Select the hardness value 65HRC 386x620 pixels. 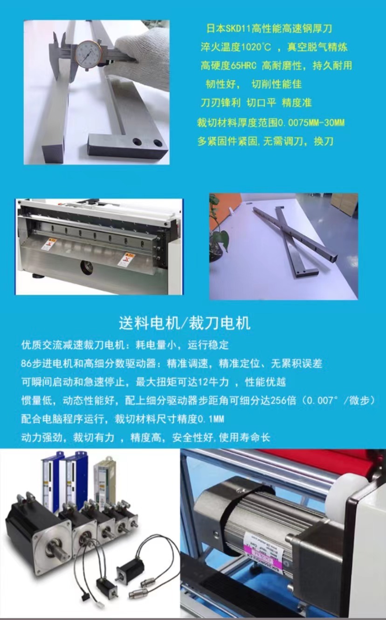point(244,66)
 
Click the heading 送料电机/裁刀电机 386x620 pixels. point(184,322)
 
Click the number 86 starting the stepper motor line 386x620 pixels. point(26,363)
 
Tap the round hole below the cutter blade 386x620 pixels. point(86,266)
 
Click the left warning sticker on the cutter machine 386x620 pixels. point(47,243)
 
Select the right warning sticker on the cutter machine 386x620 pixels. point(124,259)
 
